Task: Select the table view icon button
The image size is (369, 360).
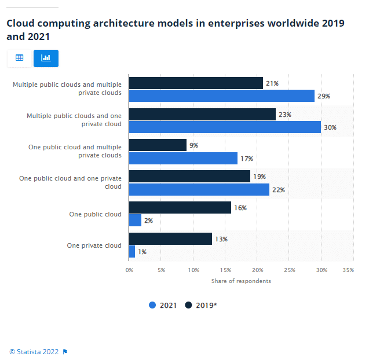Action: point(19,58)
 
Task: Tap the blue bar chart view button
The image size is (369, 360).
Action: point(46,58)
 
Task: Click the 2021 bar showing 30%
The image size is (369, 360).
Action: point(225,127)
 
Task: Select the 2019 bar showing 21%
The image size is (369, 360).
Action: point(196,83)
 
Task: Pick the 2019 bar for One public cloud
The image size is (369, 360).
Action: point(180,208)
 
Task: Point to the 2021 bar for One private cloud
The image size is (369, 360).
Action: point(131,252)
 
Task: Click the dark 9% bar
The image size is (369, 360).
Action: point(158,145)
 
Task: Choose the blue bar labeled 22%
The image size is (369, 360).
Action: point(199,190)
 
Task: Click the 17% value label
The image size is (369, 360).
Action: point(247,159)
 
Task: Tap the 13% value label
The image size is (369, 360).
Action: point(221,239)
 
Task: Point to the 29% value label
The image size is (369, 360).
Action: point(324,96)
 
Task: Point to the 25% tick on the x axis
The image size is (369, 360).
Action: point(289,270)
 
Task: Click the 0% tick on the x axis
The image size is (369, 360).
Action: point(129,270)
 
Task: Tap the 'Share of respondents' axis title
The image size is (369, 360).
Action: point(240,281)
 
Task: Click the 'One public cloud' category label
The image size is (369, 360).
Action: point(95,214)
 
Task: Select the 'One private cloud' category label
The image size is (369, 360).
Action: point(94,245)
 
